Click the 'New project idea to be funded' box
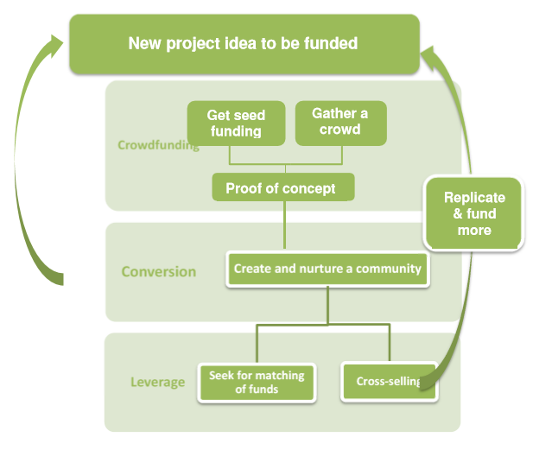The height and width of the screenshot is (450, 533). pos(244,43)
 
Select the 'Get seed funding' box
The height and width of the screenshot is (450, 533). pos(236,123)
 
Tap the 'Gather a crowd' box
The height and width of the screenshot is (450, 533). pos(340,122)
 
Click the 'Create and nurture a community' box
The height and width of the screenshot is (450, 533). pos(327,269)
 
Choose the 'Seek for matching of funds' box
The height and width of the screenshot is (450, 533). pos(256,382)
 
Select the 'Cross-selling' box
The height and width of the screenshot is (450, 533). pos(389,381)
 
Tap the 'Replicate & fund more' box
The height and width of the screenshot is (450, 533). pos(474,213)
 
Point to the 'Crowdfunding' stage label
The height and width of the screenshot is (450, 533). pos(157,144)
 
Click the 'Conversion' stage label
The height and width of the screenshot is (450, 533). pos(158,271)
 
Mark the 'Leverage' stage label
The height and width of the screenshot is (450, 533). pos(157,382)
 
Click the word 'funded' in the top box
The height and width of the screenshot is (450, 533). pos(329,43)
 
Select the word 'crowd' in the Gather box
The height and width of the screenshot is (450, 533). pos(340,130)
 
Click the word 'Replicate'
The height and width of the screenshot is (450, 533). pos(474,198)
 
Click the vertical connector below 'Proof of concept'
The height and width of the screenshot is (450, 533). pos(283,226)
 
